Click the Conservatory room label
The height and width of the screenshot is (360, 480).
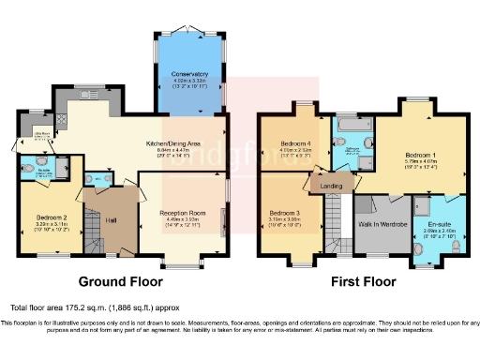190,72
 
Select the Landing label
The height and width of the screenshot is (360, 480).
331,186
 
